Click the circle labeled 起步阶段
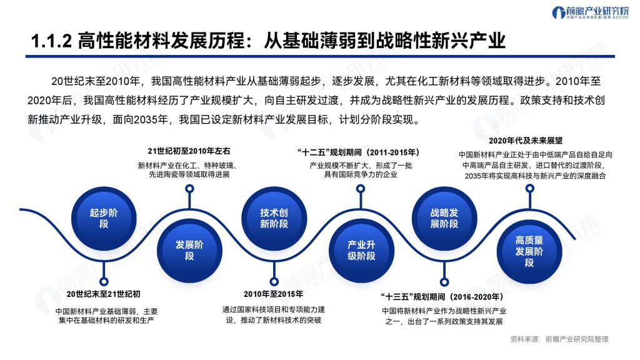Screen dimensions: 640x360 click(104, 218)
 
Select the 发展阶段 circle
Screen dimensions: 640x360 click(189, 250)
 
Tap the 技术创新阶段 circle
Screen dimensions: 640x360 click(274, 218)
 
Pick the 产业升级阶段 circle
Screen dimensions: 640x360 click(361, 250)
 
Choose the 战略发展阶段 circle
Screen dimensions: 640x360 click(444, 218)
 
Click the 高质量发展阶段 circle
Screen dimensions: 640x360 click(529, 251)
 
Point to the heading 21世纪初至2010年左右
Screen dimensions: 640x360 click(189, 151)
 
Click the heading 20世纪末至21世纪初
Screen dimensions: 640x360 click(104, 294)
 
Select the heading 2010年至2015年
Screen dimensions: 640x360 click(274, 294)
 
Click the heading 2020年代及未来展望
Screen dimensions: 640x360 click(526, 141)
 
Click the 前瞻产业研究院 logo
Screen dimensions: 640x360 click(590, 12)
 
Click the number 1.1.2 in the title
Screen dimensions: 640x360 click(51, 41)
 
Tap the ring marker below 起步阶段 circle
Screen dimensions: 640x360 click(104, 282)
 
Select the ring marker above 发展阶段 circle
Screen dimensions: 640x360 click(189, 189)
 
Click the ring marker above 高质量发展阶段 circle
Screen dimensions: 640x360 click(529, 189)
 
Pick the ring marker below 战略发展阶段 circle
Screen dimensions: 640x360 click(444, 282)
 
